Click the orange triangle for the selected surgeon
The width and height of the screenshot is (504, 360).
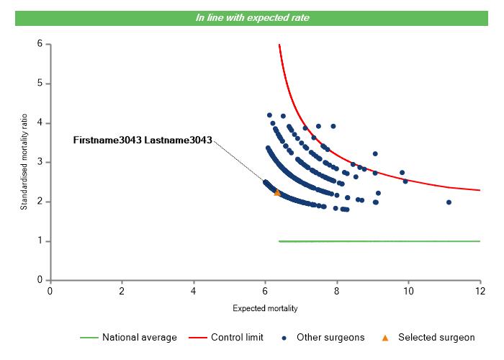coord(277,192)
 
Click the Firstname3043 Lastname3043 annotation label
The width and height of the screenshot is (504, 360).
coord(143,140)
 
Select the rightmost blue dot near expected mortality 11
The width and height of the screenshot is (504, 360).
coord(449,202)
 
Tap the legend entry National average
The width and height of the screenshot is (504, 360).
coord(139,337)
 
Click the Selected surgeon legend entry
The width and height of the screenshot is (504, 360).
coord(436,337)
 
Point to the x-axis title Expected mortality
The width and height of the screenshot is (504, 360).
coord(265,308)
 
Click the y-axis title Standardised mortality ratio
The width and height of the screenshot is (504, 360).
coord(24,162)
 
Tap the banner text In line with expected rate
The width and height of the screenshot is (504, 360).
coord(252,17)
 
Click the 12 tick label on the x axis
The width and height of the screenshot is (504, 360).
coord(480,291)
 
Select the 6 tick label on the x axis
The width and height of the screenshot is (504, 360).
coord(265,291)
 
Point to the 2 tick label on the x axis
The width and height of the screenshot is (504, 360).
coord(122,291)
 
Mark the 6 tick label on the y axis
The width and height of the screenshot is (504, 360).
coord(40,44)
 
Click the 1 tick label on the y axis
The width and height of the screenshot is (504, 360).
coord(40,241)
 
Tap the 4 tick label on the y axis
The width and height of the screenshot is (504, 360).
coord(40,123)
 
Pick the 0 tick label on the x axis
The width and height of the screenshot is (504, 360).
coord(50,291)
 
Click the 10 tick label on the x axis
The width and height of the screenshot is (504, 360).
coord(408,291)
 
